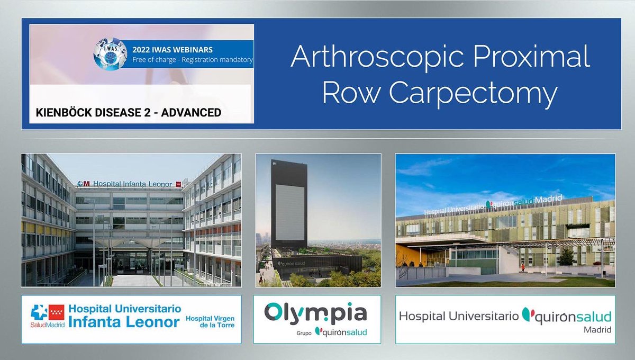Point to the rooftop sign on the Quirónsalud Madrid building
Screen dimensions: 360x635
pyautogui.click(x=492, y=205)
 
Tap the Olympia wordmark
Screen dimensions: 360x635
pyautogui.click(x=315, y=312)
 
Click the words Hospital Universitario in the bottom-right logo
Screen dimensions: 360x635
pyautogui.click(x=458, y=317)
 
